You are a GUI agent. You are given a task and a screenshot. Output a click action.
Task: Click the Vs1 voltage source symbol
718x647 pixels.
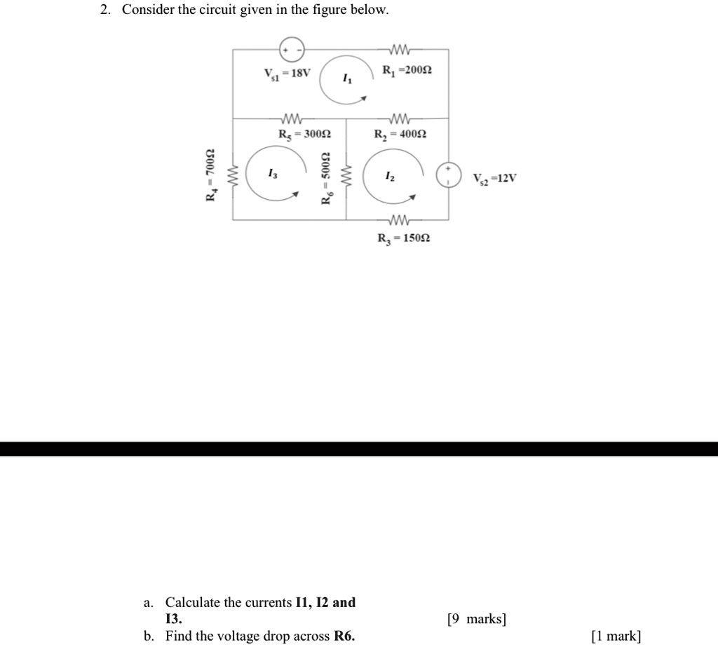click(x=292, y=49)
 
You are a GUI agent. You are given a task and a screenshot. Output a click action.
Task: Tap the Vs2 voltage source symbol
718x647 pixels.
click(x=448, y=175)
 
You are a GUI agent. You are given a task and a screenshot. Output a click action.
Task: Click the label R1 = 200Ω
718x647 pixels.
click(x=407, y=70)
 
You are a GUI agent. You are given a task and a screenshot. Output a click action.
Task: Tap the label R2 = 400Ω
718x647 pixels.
click(x=400, y=134)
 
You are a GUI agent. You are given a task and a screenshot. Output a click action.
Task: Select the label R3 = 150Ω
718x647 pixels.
click(x=403, y=238)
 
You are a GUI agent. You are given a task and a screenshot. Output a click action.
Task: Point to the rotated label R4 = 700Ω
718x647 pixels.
click(x=210, y=175)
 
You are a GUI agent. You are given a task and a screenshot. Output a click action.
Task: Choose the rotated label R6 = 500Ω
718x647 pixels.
click(x=325, y=179)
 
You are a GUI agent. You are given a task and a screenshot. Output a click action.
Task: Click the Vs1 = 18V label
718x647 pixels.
click(x=287, y=73)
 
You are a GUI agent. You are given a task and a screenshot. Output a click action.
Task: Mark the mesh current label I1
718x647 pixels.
click(x=346, y=81)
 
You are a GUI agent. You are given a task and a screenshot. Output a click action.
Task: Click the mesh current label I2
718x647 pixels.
click(x=390, y=179)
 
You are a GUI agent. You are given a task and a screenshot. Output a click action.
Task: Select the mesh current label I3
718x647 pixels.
click(x=272, y=174)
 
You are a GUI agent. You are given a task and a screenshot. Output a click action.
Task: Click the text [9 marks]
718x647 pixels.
click(x=476, y=619)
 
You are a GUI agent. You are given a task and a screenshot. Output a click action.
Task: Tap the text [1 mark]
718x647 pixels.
click(x=616, y=636)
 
